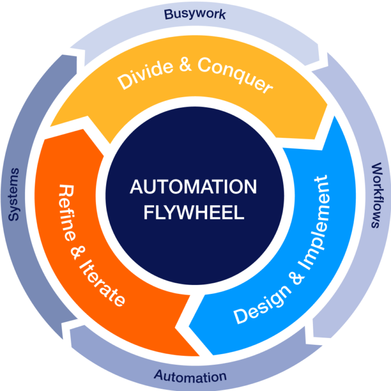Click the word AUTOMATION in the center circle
pyautogui.click(x=193, y=186)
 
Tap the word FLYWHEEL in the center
pyautogui.click(x=193, y=213)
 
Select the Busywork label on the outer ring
pyautogui.click(x=195, y=13)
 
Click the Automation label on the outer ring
pyautogui.click(x=190, y=376)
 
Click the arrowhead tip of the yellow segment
pyautogui.click(x=302, y=139)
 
